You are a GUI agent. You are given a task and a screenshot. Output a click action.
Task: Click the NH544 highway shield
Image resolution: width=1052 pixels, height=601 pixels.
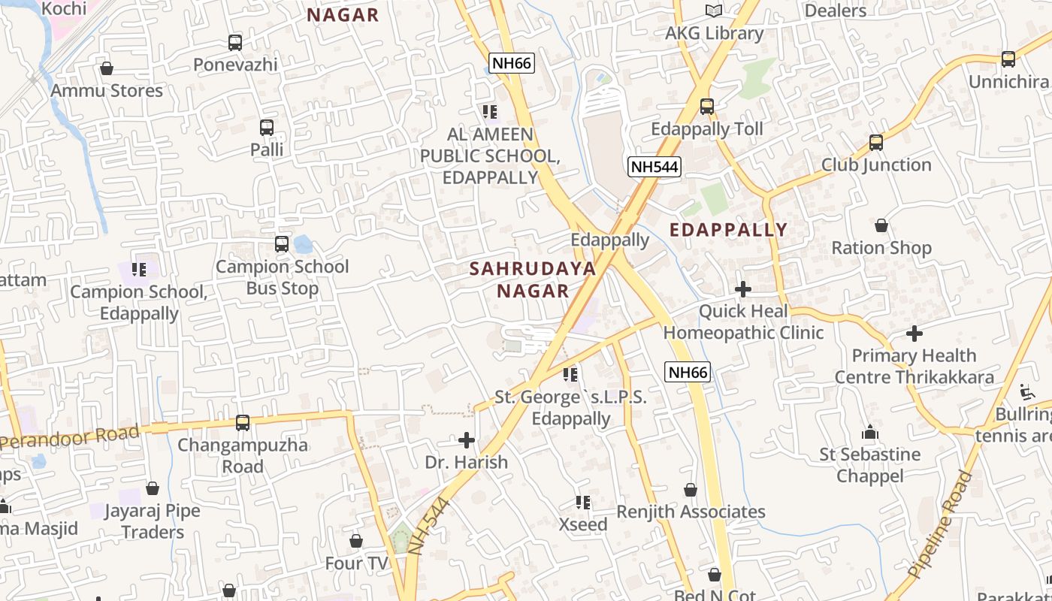click(654, 167)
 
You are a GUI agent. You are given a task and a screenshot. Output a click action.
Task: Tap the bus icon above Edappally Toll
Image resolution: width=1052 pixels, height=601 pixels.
click(707, 107)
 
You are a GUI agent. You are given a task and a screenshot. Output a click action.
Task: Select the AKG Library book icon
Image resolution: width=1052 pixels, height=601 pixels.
click(713, 11)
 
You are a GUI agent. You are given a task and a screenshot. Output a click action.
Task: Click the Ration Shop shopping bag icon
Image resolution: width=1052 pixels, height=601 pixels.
click(881, 225)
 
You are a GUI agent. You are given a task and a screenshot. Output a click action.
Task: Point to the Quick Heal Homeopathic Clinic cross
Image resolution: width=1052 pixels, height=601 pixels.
click(743, 289)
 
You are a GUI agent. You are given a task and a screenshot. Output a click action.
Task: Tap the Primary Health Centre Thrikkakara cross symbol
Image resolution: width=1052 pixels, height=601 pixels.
click(914, 333)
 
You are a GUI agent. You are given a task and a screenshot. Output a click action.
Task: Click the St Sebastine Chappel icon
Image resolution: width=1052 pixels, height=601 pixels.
click(870, 432)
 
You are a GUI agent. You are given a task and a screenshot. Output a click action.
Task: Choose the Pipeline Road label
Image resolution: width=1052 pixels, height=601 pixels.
click(940, 524)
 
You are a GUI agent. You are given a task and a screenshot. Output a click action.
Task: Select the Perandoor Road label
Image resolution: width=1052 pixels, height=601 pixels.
click(70, 437)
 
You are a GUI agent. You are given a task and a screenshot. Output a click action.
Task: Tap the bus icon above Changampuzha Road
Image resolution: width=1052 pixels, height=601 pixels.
click(243, 423)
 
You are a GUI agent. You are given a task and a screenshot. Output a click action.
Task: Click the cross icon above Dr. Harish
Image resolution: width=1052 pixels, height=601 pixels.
click(467, 439)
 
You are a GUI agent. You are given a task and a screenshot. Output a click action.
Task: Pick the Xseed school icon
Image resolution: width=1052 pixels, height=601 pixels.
click(583, 502)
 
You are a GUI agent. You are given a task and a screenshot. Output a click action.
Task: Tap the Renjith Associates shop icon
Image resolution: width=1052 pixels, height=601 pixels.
click(691, 491)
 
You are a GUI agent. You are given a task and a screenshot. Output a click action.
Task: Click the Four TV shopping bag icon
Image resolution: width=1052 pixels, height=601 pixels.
click(356, 541)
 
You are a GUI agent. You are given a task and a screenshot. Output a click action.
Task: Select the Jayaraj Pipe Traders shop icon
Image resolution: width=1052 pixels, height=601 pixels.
click(153, 489)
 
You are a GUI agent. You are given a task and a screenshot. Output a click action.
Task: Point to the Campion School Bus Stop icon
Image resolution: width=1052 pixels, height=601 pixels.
click(282, 244)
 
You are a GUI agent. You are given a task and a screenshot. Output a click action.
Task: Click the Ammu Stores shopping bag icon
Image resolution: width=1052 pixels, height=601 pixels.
click(107, 68)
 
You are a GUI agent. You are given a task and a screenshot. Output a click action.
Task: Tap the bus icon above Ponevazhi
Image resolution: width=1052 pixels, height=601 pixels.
click(235, 43)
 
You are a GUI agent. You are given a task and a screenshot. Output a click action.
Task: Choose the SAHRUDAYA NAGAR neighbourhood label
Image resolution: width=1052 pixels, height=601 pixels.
click(533, 279)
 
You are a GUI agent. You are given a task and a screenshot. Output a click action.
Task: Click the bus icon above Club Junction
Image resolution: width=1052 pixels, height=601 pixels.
click(876, 143)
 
